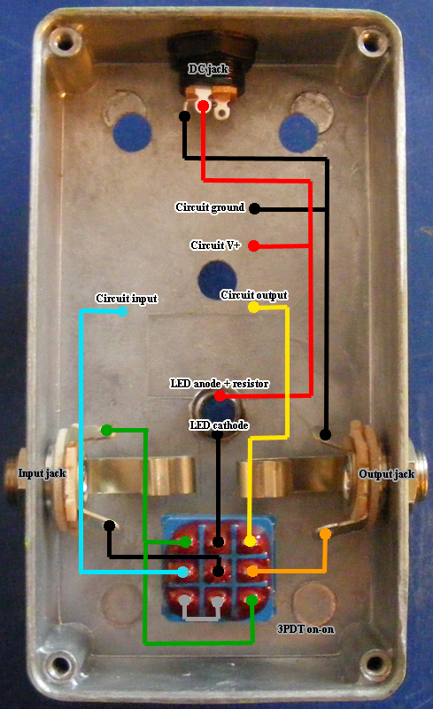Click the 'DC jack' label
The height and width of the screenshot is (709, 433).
point(208,69)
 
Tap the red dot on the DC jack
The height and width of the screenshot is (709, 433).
point(203,106)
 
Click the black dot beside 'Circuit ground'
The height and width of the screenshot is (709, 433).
point(255,208)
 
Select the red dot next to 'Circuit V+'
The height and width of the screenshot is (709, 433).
point(253,246)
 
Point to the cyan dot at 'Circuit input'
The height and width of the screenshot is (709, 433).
point(122,311)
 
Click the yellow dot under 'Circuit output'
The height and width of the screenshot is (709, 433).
point(253,307)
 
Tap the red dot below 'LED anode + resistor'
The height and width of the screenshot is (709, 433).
point(220,396)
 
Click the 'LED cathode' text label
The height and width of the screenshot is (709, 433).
point(219,425)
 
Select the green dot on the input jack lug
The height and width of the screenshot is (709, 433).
point(106,430)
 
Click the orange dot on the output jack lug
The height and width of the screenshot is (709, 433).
point(325,534)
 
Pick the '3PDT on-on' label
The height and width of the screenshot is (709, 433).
point(305,629)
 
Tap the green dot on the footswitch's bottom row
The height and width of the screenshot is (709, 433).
point(251,601)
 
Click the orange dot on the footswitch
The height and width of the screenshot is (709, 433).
point(252,571)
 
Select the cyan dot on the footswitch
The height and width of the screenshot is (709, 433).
point(182,572)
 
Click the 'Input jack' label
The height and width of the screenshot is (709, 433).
point(42,473)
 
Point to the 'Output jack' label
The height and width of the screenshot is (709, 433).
point(386,474)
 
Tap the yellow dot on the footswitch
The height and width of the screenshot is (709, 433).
point(250,541)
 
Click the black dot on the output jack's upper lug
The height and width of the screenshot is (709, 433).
point(325,435)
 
